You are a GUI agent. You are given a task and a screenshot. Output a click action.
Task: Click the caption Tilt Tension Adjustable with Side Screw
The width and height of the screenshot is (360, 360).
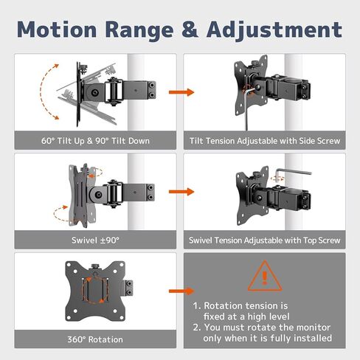264,139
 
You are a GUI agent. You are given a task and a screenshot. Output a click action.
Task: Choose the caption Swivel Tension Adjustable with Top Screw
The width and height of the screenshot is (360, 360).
264,239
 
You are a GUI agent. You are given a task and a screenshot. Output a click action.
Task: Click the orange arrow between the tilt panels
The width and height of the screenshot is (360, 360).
180,93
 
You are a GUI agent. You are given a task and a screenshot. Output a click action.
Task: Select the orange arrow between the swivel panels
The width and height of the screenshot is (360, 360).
180,193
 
